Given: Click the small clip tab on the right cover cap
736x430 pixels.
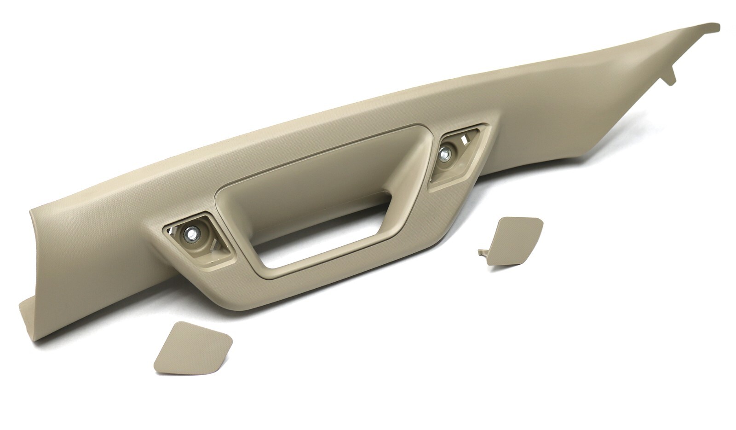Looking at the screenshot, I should click(x=483, y=252).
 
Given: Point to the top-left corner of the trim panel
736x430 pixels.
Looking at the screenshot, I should click(x=31, y=209).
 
